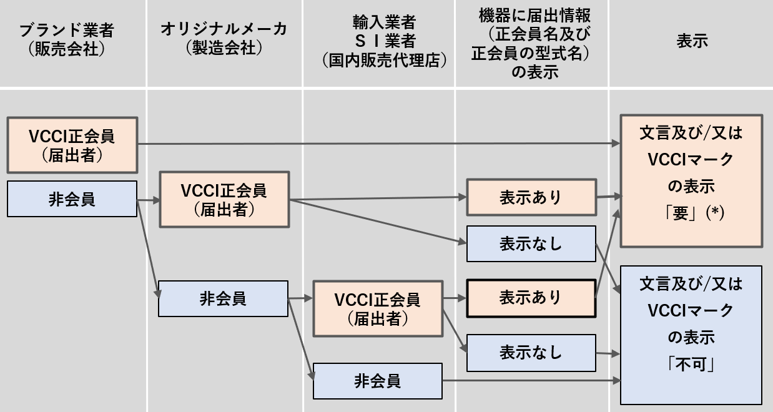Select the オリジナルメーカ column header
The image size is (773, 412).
[224, 38]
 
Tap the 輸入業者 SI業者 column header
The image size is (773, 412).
[384, 41]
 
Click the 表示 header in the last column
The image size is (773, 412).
[692, 41]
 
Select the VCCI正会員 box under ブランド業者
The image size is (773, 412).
[72, 145]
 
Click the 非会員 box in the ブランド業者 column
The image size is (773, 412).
[72, 199]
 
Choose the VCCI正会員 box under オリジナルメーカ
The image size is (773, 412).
[224, 199]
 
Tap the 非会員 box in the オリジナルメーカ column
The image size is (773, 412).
[223, 298]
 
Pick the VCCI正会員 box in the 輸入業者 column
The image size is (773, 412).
[378, 308]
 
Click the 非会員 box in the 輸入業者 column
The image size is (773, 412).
[378, 381]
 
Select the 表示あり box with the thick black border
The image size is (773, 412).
[531, 298]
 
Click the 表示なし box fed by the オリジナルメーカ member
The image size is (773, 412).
[531, 243]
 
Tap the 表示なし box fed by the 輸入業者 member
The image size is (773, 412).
[531, 353]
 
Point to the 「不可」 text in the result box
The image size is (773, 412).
[691, 364]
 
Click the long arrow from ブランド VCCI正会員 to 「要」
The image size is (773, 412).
[379, 143]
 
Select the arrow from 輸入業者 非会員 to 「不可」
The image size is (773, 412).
[531, 381]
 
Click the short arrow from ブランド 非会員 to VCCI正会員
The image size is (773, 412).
[149, 200]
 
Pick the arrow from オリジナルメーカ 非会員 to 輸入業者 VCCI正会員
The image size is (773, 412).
[300, 298]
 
